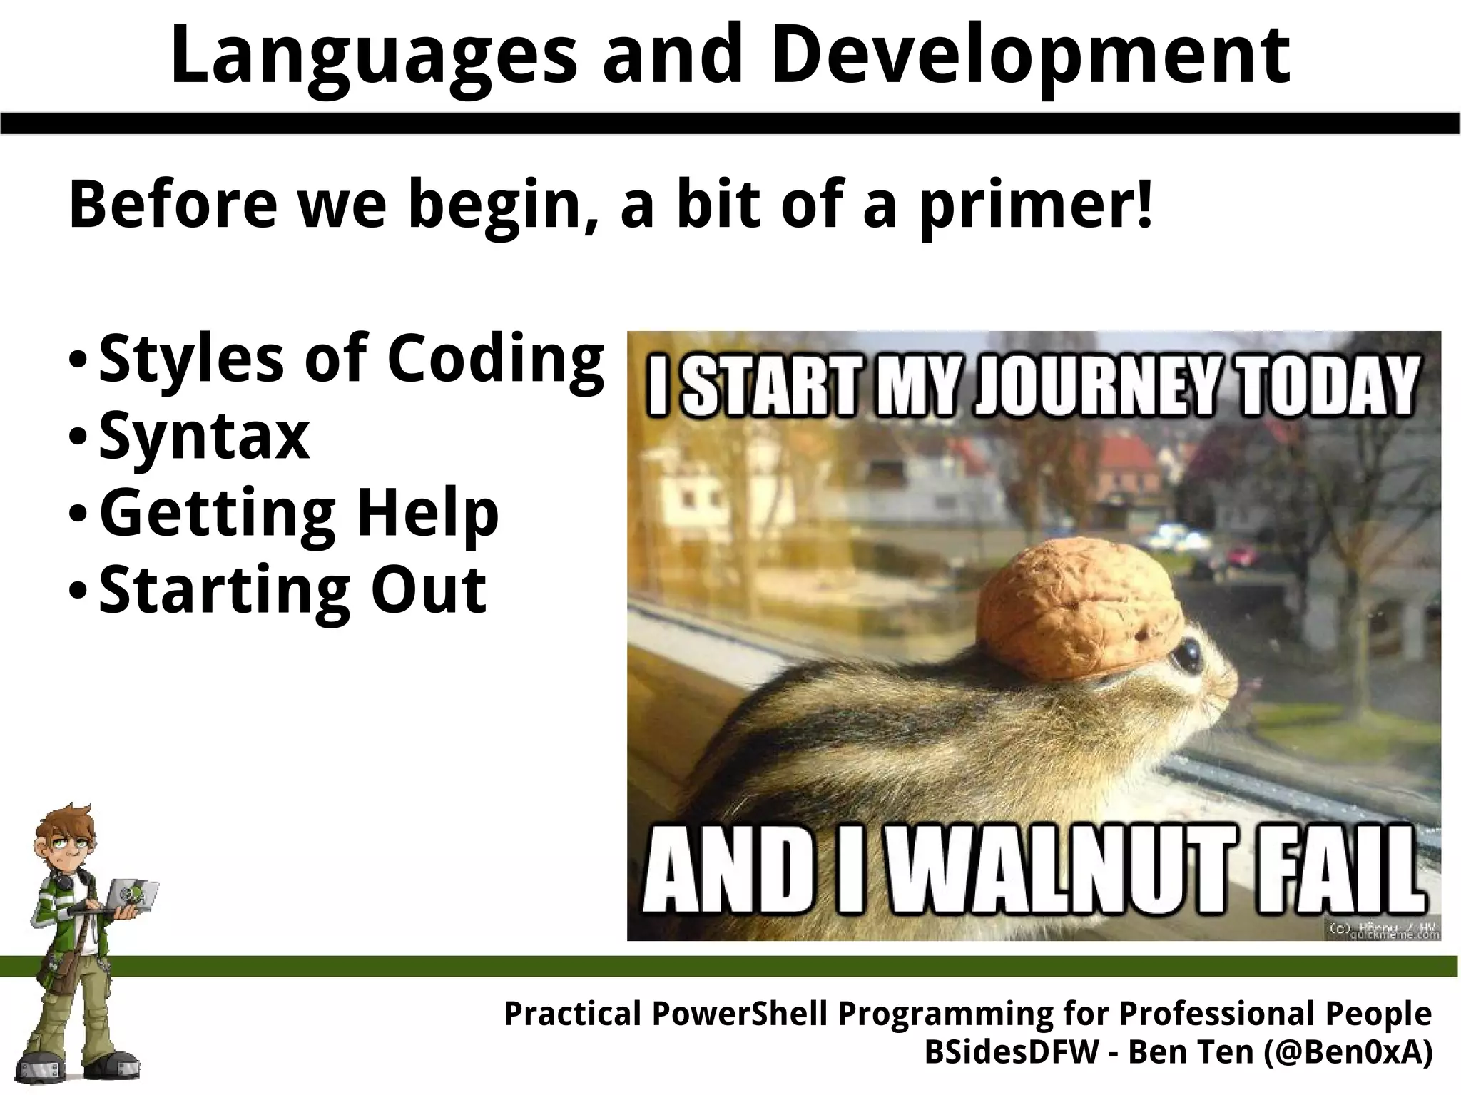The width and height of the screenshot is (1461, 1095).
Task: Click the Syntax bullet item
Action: [x=204, y=437]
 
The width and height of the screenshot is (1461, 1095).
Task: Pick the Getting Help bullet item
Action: [x=299, y=514]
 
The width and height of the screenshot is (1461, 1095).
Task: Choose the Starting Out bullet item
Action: [x=292, y=591]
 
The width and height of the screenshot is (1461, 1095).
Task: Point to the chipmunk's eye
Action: [x=1187, y=653]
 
